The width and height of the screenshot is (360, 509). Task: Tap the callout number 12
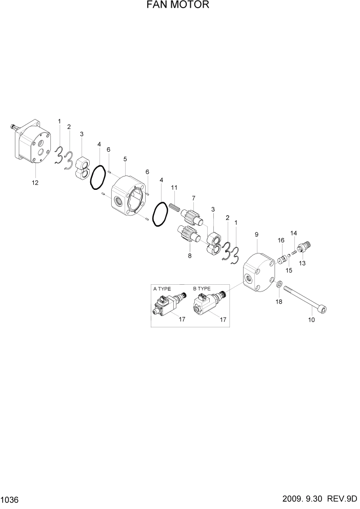point(35,182)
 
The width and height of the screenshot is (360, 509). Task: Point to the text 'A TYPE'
point(162,289)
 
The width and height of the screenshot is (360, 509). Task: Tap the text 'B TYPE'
point(202,289)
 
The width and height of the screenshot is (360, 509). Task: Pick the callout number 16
point(281,240)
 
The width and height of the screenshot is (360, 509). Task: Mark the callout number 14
point(294,233)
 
